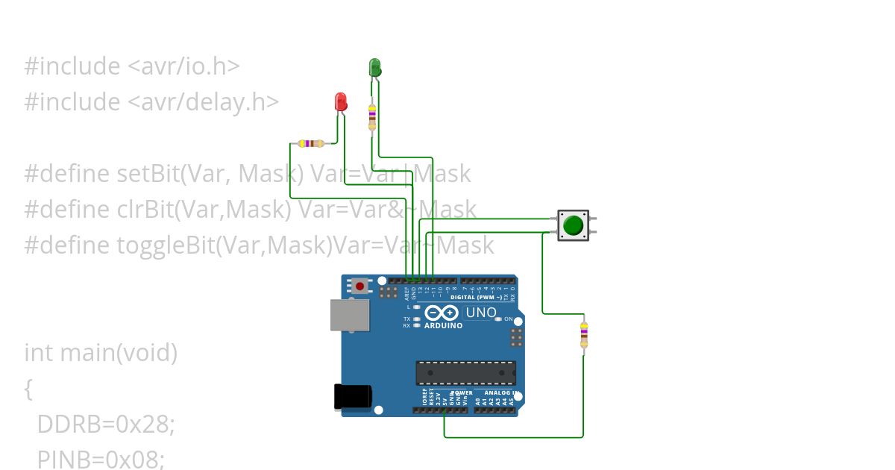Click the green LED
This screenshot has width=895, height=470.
375,67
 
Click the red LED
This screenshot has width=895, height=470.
341,101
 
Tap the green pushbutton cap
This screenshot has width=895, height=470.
573,225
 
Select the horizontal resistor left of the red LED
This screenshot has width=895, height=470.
310,143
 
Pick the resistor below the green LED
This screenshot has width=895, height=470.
372,116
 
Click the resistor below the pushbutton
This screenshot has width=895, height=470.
583,333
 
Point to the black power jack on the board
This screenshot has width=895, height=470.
352,395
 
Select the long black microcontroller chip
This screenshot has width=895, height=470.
465,372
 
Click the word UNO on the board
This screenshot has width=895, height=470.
480,312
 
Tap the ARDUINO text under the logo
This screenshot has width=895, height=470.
443,326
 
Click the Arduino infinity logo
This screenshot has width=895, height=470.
442,313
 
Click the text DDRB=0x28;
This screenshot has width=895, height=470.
106,424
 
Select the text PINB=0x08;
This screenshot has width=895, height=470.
101,460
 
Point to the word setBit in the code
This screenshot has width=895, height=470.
148,174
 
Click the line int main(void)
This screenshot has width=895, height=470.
101,352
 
